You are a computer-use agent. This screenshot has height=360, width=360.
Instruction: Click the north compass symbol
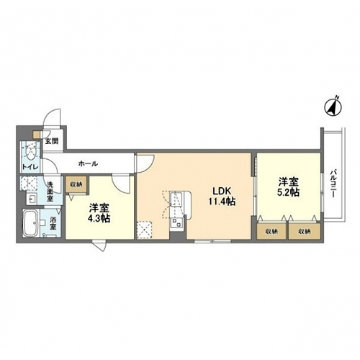click(333, 107)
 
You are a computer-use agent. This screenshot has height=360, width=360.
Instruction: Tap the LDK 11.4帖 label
click(222, 197)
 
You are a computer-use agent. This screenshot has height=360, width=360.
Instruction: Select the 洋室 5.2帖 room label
click(289, 187)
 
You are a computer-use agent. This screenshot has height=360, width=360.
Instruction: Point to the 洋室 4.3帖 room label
click(99, 213)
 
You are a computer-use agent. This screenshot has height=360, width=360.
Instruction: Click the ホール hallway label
click(88, 164)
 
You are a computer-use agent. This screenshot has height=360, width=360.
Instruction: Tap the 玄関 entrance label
click(52, 141)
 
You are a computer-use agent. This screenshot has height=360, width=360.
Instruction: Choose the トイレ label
click(30, 167)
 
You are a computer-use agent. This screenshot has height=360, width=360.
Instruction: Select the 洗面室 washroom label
click(50, 192)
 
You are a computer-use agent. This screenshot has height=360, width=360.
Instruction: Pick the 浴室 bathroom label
click(53, 222)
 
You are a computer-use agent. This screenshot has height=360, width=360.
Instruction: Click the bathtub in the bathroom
click(30, 223)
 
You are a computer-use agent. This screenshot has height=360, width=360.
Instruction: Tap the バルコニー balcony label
click(333, 184)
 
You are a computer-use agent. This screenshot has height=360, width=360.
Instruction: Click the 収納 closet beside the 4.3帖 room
click(76, 184)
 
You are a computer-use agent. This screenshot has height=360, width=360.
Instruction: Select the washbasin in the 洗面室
click(32, 199)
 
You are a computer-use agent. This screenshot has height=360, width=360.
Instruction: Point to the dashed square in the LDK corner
click(144, 230)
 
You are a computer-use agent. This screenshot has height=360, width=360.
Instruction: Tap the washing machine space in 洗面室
click(30, 184)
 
